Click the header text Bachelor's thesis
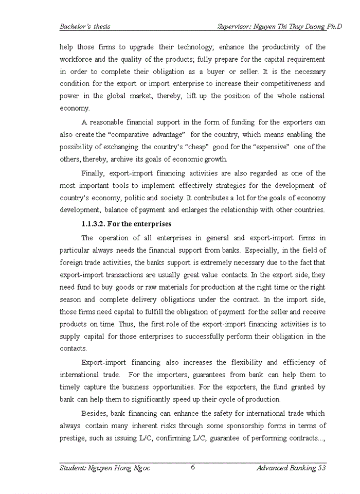click(x=85, y=26)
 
